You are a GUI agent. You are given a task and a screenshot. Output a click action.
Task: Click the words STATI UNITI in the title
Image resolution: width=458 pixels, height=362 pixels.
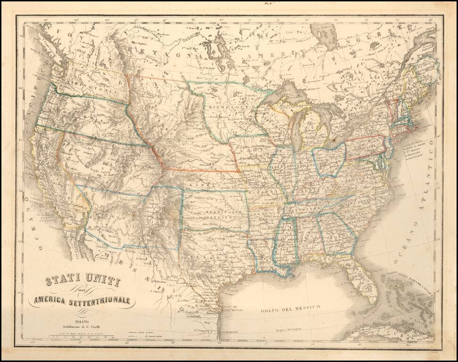point(83,283)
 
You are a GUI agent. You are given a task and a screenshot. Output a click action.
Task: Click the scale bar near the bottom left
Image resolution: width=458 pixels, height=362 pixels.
point(80,337)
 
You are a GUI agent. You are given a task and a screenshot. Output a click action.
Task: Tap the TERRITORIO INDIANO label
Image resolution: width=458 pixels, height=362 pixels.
point(220,215)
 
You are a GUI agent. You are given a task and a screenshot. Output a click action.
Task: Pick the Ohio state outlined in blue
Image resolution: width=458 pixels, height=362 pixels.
point(330,159)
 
